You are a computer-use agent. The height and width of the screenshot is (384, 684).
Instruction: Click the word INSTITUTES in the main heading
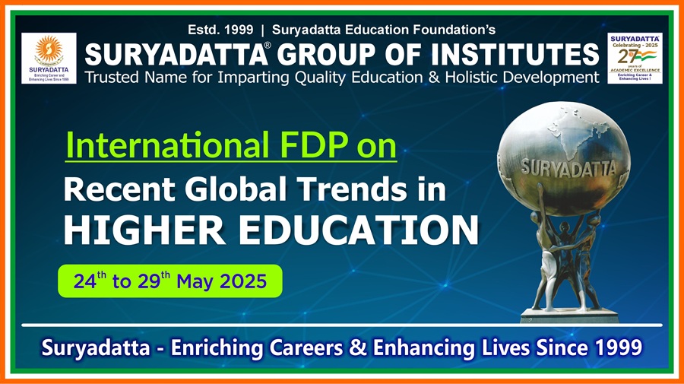(515, 56)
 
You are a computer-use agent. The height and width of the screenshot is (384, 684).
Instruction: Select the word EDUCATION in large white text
(356, 230)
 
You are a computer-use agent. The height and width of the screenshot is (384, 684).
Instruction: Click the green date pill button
(170, 281)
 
